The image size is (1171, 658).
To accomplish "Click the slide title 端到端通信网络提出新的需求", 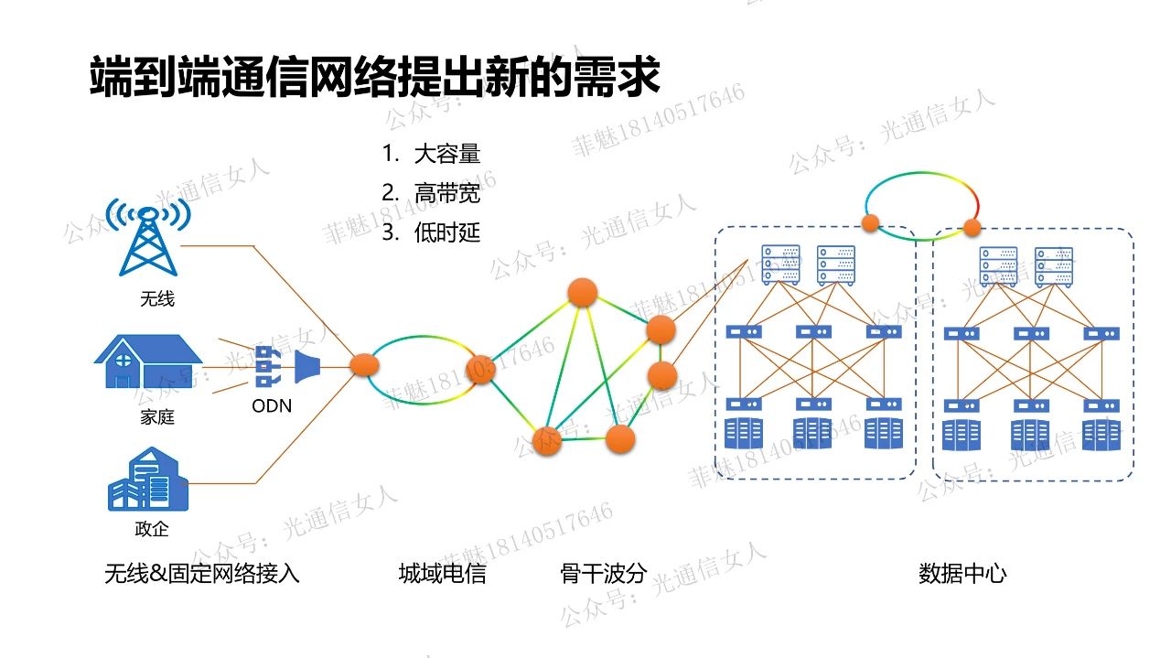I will [x=374, y=76].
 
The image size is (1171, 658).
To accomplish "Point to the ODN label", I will [x=272, y=405].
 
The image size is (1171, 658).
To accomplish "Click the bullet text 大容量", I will [x=447, y=154].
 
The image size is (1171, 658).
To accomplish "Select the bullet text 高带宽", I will [x=447, y=193].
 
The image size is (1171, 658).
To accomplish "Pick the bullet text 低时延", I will [x=447, y=232].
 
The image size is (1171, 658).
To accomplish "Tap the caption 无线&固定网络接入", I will [x=202, y=574].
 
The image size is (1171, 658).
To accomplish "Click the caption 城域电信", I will [x=442, y=574].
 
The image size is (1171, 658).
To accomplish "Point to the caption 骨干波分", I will [x=603, y=574].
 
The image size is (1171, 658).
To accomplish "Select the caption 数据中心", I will [x=962, y=574].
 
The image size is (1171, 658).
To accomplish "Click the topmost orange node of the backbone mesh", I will [x=583, y=293].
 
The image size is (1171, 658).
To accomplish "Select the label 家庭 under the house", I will [x=156, y=417].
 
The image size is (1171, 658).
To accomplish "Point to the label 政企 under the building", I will [x=152, y=529].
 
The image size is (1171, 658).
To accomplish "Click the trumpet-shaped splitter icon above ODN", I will [x=306, y=368].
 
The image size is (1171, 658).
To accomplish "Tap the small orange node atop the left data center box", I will [x=870, y=221].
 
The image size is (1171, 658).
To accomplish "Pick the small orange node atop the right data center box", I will [x=972, y=227].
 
